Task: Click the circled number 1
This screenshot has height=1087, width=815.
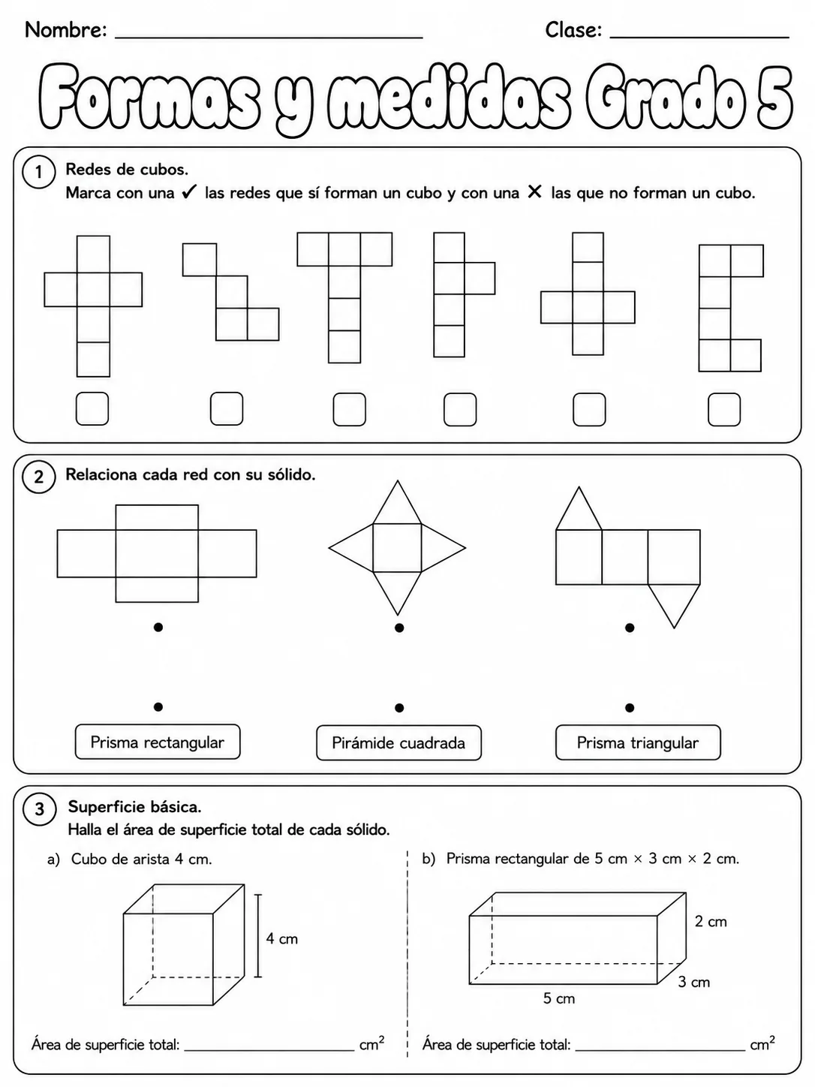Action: (x=38, y=172)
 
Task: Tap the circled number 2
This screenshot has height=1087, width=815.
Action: (x=38, y=477)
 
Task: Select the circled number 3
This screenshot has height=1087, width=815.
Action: (x=40, y=808)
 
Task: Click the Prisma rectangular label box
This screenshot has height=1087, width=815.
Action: (x=158, y=742)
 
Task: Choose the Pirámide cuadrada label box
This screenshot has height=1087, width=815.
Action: (x=398, y=743)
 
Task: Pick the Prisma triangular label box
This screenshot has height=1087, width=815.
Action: (x=638, y=742)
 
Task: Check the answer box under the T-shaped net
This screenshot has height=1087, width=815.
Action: (x=350, y=410)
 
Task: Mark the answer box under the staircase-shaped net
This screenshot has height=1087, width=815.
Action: (x=227, y=408)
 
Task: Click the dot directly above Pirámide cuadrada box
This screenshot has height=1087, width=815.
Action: (x=399, y=708)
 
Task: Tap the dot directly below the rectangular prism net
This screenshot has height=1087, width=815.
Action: (x=158, y=628)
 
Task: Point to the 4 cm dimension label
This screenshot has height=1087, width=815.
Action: (x=282, y=938)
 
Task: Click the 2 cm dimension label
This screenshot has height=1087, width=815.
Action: (x=711, y=921)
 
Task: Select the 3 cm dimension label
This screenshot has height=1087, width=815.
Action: (x=693, y=982)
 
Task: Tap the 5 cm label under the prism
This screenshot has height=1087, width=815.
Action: (x=559, y=998)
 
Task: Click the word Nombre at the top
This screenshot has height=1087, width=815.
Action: (x=66, y=30)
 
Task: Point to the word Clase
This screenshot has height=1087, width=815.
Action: (x=573, y=30)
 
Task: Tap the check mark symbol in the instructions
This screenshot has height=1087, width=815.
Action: (x=190, y=191)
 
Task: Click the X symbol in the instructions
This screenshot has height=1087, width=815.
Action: (x=534, y=191)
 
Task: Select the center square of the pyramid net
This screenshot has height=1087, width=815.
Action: (x=397, y=548)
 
